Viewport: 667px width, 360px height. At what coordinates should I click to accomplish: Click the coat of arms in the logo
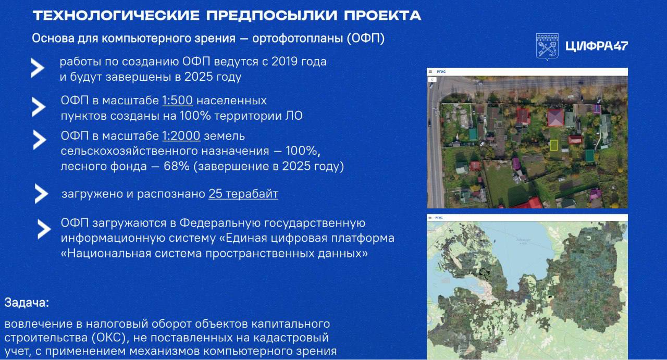tap(547, 47)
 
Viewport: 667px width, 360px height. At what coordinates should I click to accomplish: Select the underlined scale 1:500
tap(178, 101)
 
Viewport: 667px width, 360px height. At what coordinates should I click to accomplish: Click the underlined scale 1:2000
tap(181, 136)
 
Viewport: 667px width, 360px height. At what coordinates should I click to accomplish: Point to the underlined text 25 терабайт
tap(243, 194)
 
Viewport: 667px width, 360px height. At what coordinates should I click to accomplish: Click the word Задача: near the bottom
tap(27, 303)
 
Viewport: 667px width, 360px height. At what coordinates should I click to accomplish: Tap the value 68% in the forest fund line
tap(177, 166)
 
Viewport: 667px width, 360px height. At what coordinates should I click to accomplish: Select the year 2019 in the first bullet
tap(285, 61)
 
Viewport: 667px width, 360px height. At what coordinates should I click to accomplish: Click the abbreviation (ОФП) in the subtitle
tap(366, 39)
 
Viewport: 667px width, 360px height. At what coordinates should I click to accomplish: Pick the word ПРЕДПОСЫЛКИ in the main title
tap(272, 16)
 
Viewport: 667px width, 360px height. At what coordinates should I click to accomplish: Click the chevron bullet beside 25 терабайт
tap(41, 194)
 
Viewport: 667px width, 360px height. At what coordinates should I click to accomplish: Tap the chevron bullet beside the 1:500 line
tap(39, 107)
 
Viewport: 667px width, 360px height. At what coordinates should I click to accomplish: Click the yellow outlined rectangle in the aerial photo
tap(554, 145)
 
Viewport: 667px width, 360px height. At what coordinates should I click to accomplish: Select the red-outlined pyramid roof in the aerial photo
tap(555, 118)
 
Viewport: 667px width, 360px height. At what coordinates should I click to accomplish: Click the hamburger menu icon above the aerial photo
tap(430, 72)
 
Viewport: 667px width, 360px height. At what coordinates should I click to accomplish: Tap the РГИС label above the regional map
tap(439, 218)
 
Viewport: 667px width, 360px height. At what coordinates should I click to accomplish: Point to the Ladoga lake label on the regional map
tap(523, 242)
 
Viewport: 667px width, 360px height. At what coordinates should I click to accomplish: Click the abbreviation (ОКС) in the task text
tap(109, 338)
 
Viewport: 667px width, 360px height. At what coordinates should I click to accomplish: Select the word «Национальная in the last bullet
tap(106, 253)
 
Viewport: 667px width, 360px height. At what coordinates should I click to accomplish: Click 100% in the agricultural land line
tap(303, 151)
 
